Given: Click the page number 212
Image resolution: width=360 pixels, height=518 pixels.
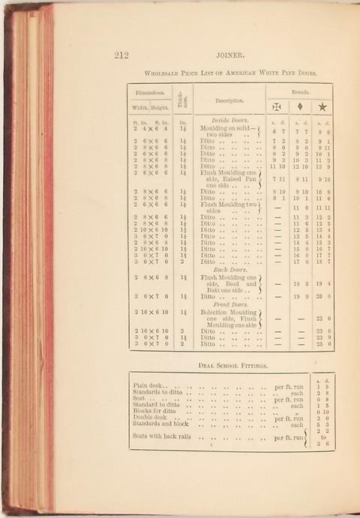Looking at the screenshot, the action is [123, 54].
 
